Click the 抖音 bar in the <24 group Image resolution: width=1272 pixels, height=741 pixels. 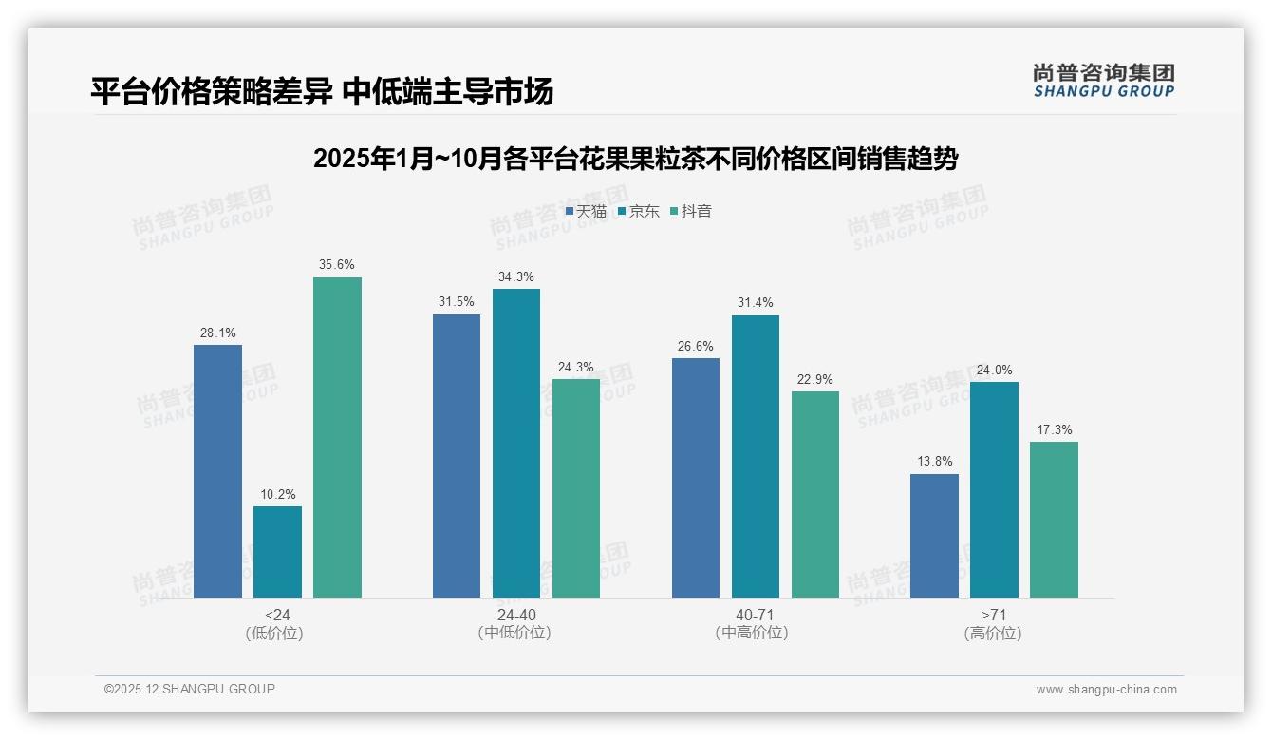[x=337, y=437]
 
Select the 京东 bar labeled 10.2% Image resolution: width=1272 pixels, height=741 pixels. [x=277, y=552]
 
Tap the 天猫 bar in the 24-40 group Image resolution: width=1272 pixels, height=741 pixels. [x=457, y=456]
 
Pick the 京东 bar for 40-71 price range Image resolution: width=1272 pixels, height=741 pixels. [x=755, y=456]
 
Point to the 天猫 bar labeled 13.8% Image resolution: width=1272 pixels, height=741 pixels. [x=934, y=536]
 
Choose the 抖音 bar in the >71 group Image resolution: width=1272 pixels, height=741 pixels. [x=1054, y=520]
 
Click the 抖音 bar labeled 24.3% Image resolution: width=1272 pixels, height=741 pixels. [x=576, y=488]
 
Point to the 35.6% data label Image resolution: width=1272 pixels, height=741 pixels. [x=337, y=265]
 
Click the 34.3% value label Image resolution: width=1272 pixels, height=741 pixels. [x=516, y=277]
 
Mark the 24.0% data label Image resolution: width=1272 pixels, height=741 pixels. [x=994, y=370]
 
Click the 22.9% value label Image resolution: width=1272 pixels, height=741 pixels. [x=814, y=380]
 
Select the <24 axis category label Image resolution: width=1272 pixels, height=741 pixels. [x=277, y=615]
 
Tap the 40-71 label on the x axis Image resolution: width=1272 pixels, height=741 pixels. [x=755, y=615]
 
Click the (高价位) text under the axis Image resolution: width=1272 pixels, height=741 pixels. [x=993, y=633]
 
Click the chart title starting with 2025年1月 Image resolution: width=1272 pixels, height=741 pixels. [x=635, y=159]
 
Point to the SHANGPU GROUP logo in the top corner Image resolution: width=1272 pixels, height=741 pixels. [x=1103, y=81]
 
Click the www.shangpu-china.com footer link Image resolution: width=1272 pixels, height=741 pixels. [x=1106, y=690]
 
